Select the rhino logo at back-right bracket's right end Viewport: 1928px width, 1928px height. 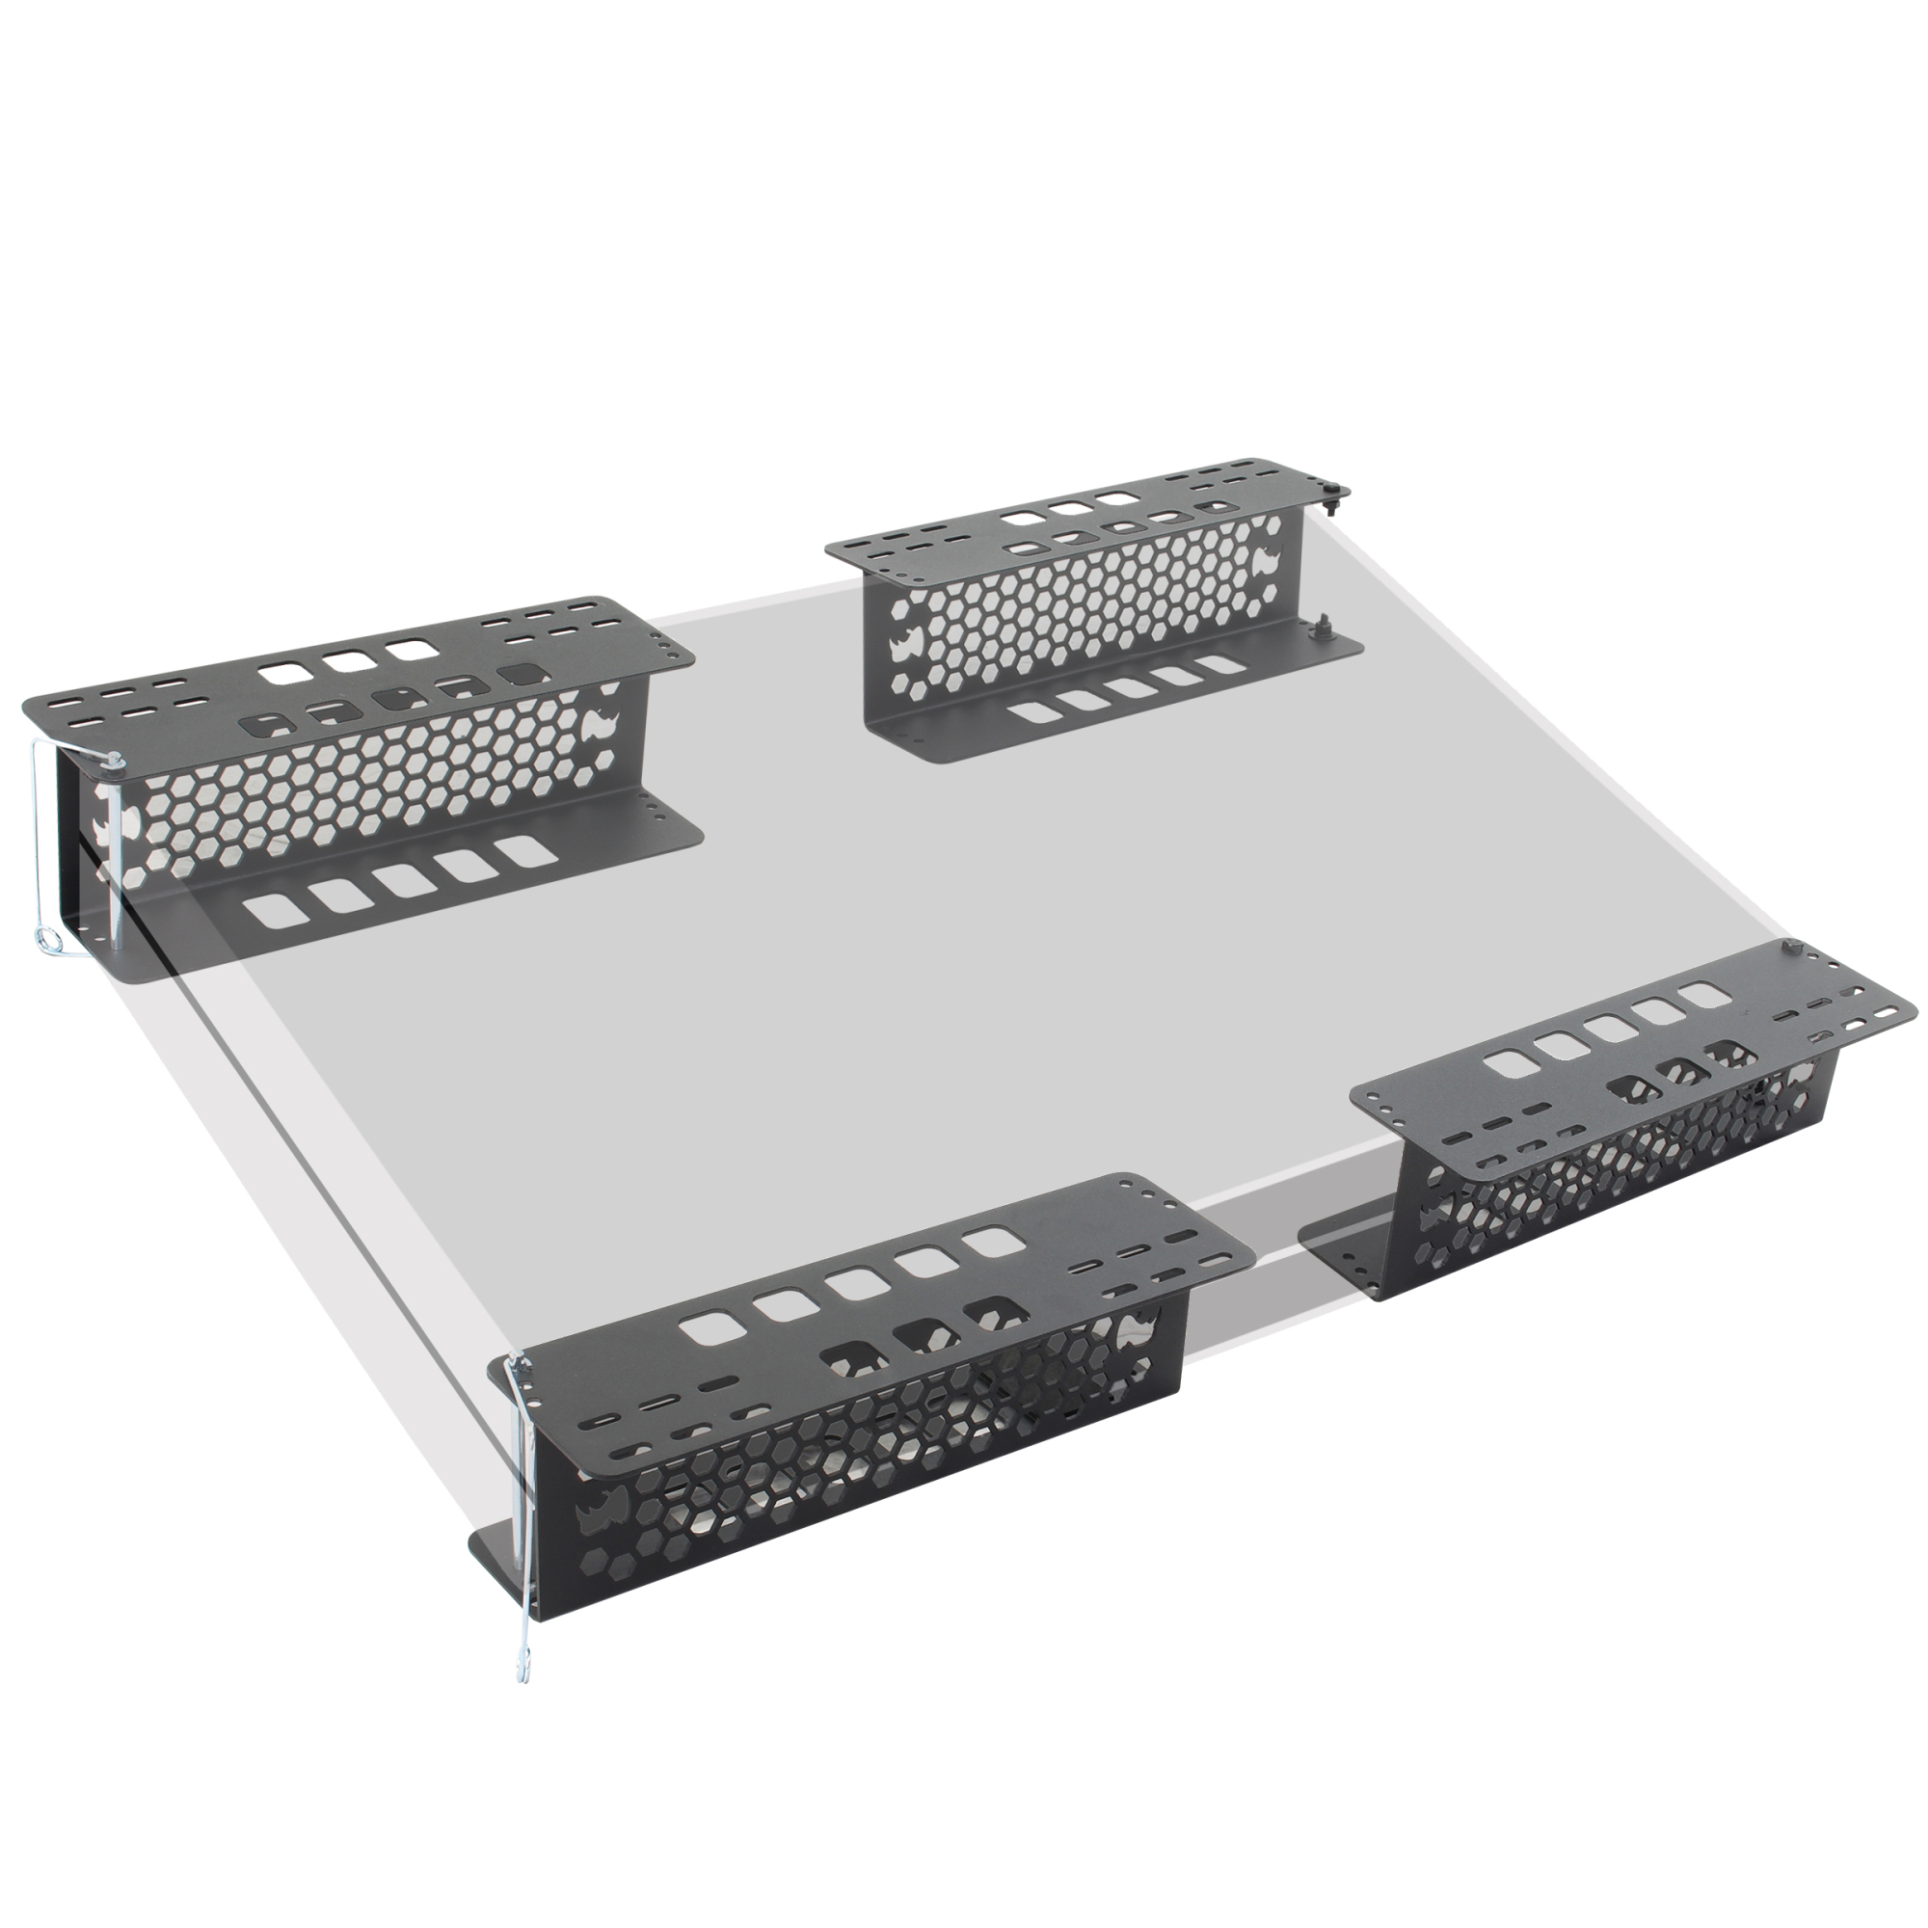pos(1271,564)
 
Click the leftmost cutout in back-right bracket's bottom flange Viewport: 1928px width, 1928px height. pos(1032,713)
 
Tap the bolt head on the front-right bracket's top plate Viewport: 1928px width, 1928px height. pos(1791,945)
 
